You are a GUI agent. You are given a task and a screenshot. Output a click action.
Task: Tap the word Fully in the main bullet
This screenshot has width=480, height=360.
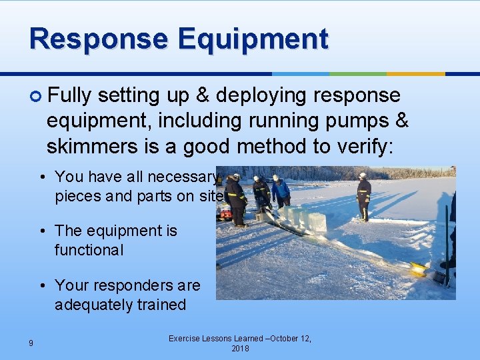[69, 96]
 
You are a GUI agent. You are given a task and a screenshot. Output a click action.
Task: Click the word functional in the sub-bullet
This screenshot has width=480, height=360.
[89, 250]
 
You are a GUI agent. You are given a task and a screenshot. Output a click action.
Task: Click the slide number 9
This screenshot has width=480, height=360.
[31, 343]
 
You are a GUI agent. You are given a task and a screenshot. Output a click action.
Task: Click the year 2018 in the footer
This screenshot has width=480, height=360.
[239, 349]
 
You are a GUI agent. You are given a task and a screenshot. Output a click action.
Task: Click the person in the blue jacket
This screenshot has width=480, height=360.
[281, 191]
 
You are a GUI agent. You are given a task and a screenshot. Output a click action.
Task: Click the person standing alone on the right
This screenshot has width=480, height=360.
[363, 196]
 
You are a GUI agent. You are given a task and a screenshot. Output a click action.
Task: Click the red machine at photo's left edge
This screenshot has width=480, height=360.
[225, 212]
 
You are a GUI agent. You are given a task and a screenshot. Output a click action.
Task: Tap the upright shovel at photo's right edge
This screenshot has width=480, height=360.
[447, 243]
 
